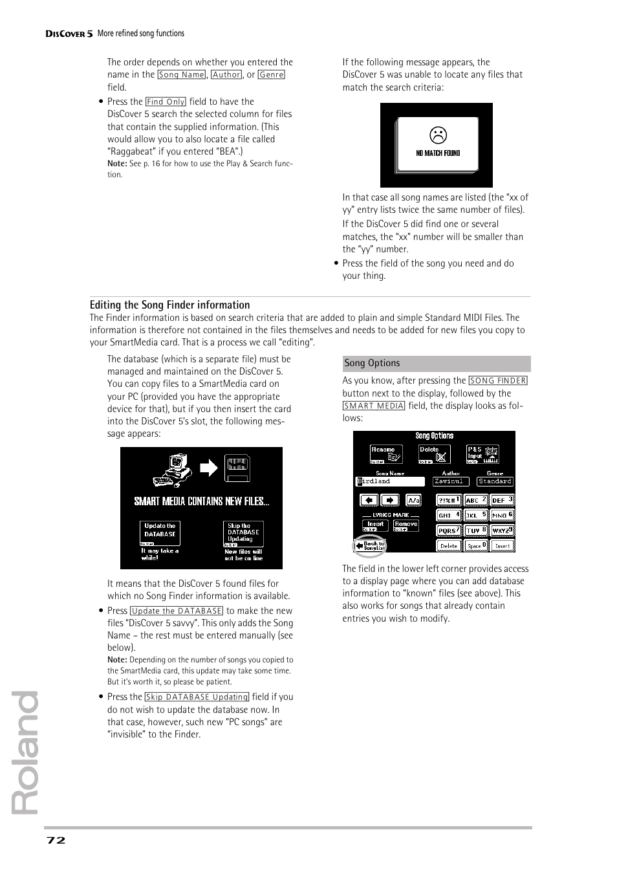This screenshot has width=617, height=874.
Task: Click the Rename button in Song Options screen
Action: (385, 454)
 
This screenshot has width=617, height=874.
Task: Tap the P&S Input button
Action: (482, 454)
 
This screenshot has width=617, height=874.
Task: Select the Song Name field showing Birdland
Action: (390, 481)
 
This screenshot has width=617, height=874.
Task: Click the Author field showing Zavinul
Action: (450, 481)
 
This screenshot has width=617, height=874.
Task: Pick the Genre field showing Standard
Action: (495, 481)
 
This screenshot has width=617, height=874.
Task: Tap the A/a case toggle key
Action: (413, 500)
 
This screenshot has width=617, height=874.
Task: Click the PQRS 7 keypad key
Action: (449, 530)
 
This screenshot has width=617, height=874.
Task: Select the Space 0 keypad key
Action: (475, 545)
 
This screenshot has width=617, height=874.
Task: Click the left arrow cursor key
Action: (369, 500)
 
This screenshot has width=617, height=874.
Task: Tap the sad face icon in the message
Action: (438, 135)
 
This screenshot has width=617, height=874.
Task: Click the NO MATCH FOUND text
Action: (438, 153)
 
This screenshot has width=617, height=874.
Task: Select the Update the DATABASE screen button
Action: (160, 533)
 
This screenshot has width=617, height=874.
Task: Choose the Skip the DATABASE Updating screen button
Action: (243, 534)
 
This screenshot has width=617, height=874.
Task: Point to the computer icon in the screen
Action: (173, 470)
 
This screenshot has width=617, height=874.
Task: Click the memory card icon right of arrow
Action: (237, 468)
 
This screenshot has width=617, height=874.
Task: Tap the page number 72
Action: (56, 840)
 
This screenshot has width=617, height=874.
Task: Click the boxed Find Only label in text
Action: (166, 102)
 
